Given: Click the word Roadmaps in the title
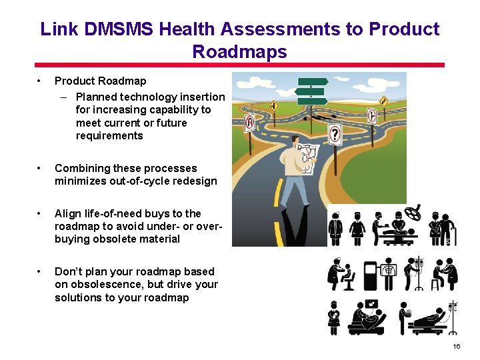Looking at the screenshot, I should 239,51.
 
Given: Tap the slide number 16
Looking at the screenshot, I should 456,347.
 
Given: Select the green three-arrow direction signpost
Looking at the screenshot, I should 311,91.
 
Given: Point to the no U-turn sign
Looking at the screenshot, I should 249,123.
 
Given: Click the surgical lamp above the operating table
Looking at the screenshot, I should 415,211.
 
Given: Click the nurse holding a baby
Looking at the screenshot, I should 334,317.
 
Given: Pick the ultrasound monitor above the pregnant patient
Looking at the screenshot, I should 371,305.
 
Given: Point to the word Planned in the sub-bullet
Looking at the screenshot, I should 96,97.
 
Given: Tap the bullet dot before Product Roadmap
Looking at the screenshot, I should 41,81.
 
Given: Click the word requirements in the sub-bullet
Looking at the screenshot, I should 109,136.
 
